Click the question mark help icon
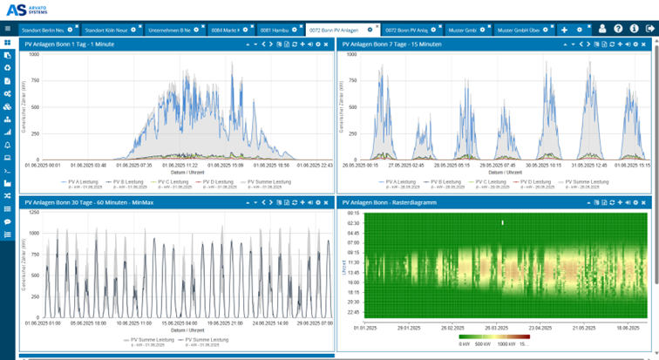click(x=618, y=29)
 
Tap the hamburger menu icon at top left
click(x=7, y=29)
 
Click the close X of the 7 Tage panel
click(x=651, y=43)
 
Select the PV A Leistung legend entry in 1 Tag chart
click(x=84, y=181)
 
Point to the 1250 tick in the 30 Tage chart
click(x=34, y=211)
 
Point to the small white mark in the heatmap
click(x=503, y=223)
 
